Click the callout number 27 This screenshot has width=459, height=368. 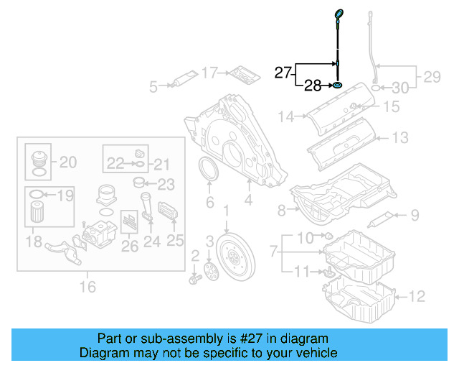coord(283,71)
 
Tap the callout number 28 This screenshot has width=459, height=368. coord(313,87)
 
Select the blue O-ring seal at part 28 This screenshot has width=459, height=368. coord(336,87)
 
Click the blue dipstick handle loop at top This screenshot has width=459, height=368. coord(339,12)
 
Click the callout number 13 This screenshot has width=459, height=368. coord(400,137)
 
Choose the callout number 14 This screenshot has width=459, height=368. coord(287,116)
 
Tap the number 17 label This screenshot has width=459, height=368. coord(209,73)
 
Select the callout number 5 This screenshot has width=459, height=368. coord(153,88)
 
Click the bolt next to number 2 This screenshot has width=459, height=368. coord(195,277)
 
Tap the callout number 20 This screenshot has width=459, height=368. coord(67,162)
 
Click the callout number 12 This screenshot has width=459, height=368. coord(417,295)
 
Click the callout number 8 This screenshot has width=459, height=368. coord(281,209)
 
